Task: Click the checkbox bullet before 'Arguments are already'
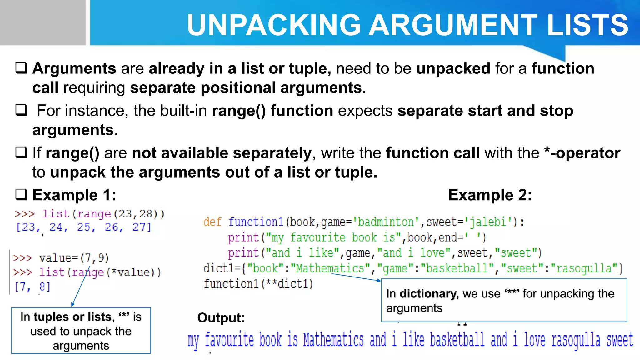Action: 22,68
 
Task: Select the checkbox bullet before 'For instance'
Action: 22,110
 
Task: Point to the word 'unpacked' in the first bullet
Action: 453,68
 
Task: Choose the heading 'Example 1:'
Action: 74,195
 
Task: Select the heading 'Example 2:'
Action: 490,195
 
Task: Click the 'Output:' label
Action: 221,318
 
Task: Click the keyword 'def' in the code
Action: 212,222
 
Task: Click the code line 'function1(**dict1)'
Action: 258,284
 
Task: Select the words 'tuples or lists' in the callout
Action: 72,317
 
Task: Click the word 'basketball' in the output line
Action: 457,340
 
